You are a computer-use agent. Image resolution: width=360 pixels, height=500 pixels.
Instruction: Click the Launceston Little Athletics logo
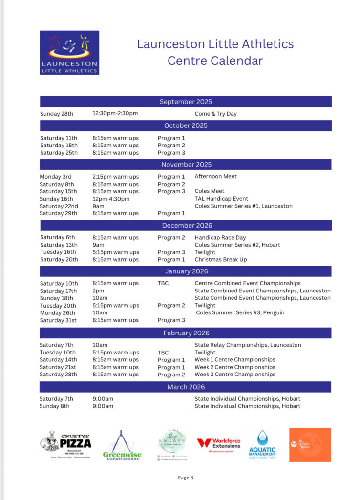pyautogui.click(x=69, y=53)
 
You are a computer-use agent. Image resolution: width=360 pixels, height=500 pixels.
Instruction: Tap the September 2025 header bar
pyautogui.click(x=186, y=102)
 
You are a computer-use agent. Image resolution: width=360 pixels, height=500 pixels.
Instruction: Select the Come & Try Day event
pyautogui.click(x=215, y=114)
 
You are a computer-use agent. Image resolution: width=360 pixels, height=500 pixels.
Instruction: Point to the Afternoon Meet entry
pyautogui.click(x=215, y=177)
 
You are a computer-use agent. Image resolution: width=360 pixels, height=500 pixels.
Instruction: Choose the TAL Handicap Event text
pyautogui.click(x=221, y=199)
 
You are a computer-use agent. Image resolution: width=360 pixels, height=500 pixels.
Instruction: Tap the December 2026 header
pyautogui.click(x=186, y=225)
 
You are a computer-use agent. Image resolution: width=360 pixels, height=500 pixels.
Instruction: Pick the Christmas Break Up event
pyautogui.click(x=221, y=260)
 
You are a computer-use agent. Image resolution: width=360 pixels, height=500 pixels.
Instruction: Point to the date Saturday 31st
pyautogui.click(x=59, y=320)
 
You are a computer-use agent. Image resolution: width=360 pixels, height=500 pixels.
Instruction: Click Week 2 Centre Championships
pyautogui.click(x=235, y=367)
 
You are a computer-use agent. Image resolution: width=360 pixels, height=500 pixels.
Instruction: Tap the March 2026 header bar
pyautogui.click(x=186, y=387)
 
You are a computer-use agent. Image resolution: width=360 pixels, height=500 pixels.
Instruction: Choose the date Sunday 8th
pyautogui.click(x=55, y=406)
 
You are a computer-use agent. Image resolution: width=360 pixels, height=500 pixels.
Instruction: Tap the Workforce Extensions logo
pyautogui.click(x=219, y=445)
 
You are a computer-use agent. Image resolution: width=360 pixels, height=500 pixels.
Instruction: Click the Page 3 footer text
pyautogui.click(x=186, y=478)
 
